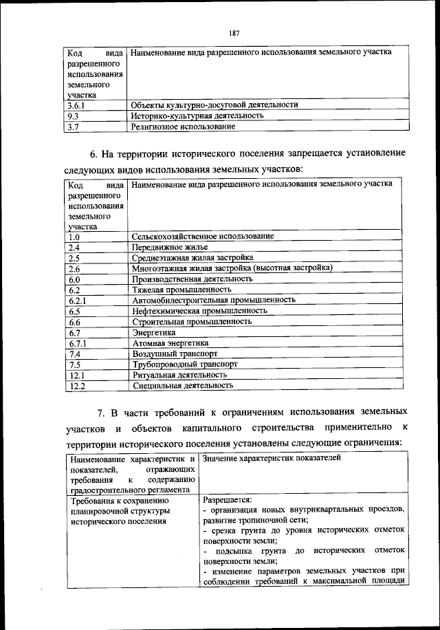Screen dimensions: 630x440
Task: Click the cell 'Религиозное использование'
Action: tap(183, 127)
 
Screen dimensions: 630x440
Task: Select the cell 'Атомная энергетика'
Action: tap(170, 343)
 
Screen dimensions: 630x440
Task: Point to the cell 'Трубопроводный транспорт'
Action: tap(185, 364)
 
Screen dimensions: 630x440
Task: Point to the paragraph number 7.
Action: tap(100, 413)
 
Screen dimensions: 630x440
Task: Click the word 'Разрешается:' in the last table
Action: tap(227, 500)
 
